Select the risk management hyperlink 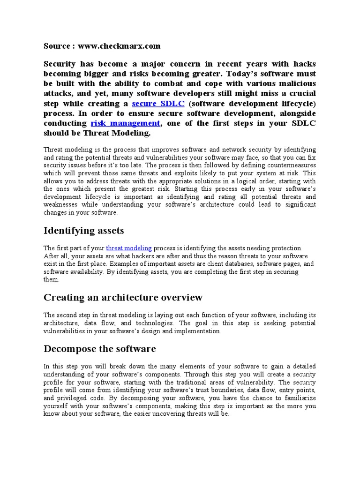pos(125,123)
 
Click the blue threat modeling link pos(129,248)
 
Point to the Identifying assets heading pos(84,231)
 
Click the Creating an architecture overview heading pos(123,298)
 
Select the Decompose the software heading pos(99,349)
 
